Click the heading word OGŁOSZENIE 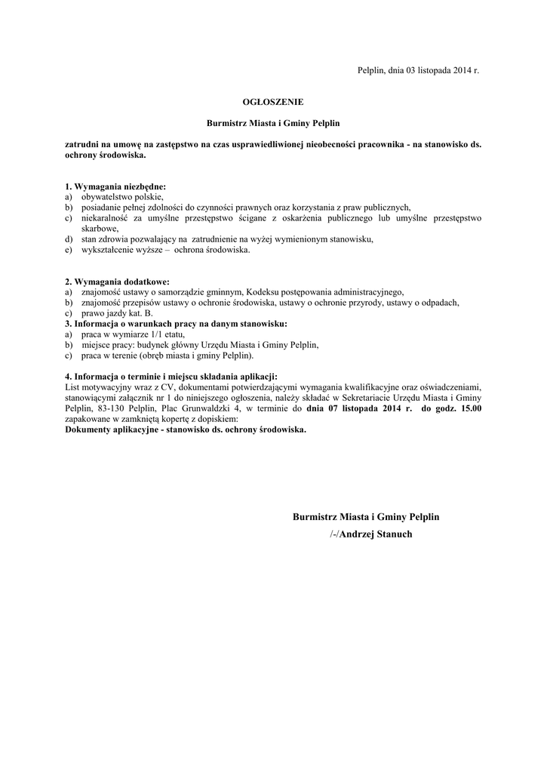[273, 100]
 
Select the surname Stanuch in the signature [387, 534]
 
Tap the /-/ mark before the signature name [334, 534]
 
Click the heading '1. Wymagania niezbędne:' [115, 186]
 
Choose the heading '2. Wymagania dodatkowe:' [117, 282]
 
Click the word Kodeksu [266, 291]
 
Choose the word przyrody [377, 302]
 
